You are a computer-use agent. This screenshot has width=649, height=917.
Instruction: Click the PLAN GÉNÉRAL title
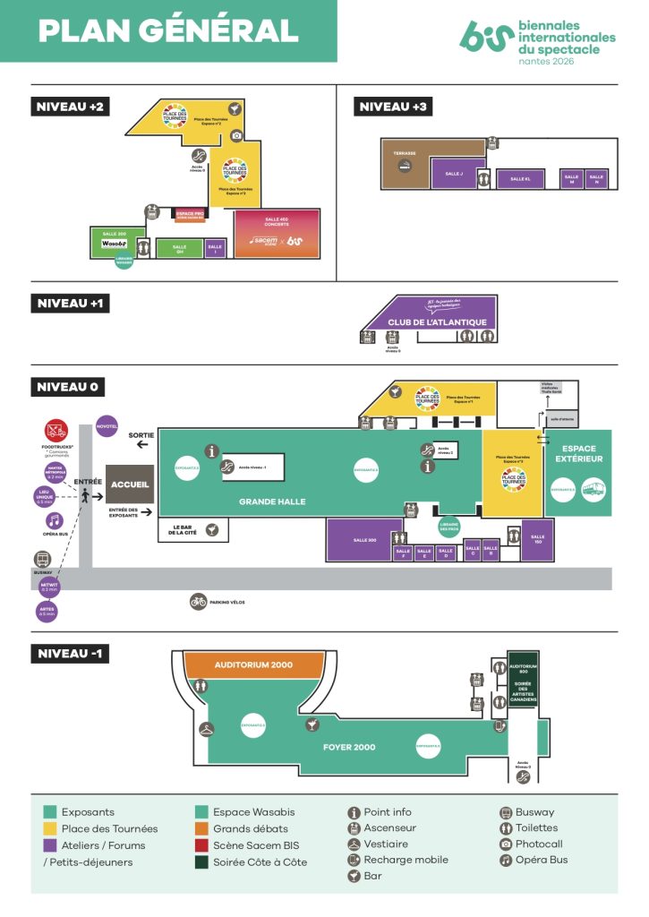[167, 30]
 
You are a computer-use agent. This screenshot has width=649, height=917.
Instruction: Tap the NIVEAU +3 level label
[394, 107]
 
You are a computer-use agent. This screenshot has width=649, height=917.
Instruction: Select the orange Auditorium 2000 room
[254, 665]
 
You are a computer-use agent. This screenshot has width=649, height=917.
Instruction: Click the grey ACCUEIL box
[130, 484]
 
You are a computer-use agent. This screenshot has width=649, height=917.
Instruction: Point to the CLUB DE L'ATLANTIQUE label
[437, 321]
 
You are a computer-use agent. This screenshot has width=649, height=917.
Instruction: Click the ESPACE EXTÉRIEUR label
[577, 453]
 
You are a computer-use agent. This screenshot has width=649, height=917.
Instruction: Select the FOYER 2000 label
[348, 746]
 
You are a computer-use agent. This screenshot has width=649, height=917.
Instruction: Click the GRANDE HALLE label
[271, 501]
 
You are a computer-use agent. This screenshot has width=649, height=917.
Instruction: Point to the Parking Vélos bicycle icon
[199, 602]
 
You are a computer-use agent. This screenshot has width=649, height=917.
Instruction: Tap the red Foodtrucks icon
[56, 429]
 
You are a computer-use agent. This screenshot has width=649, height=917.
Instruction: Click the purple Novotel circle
[107, 426]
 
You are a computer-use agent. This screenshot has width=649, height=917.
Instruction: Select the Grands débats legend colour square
[202, 828]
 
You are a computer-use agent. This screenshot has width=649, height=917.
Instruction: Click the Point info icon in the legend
[354, 812]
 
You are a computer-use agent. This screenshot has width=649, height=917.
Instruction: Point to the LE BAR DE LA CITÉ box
[193, 529]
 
